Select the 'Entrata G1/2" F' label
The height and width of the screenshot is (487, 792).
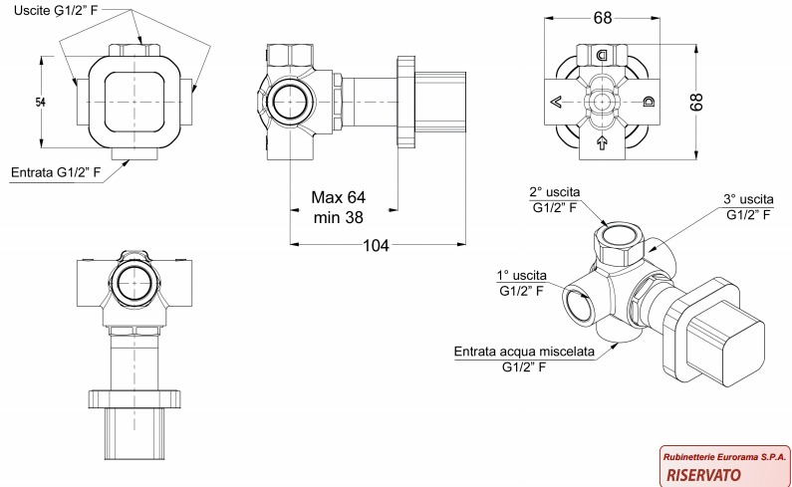point(56,172)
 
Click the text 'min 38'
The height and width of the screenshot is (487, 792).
point(337,216)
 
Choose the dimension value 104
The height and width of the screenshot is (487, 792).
point(375,246)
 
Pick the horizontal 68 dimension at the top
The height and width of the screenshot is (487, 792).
point(602,18)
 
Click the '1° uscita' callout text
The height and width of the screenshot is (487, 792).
point(522,275)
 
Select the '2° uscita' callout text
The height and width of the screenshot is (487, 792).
point(555,191)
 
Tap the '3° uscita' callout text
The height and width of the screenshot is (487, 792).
point(748,199)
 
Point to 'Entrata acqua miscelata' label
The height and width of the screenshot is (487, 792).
point(524,352)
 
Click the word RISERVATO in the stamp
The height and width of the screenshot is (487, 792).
point(701,474)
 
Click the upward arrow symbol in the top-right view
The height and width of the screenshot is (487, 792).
point(602,144)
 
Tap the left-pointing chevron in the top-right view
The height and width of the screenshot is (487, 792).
point(555,102)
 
